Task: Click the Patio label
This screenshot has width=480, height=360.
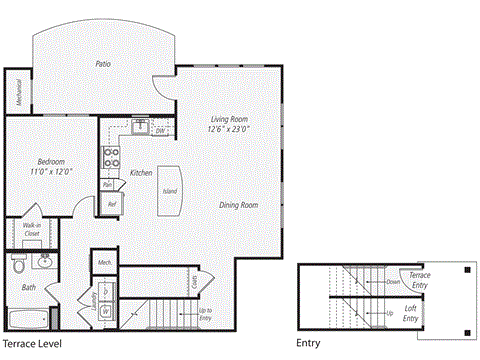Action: click(103, 64)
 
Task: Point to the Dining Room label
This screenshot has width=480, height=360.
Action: click(239, 205)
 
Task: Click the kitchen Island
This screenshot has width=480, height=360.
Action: click(170, 189)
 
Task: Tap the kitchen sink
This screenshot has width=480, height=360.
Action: click(142, 127)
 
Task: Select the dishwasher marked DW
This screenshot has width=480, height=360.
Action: click(161, 131)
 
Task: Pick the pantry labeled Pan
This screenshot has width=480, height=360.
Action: click(107, 184)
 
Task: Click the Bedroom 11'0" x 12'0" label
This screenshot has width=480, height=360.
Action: click(51, 165)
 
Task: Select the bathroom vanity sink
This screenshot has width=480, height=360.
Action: click(44, 263)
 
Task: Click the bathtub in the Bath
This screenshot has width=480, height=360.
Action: click(31, 321)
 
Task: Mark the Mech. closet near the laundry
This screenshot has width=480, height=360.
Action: click(104, 262)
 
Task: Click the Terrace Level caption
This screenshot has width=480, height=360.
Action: click(33, 344)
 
